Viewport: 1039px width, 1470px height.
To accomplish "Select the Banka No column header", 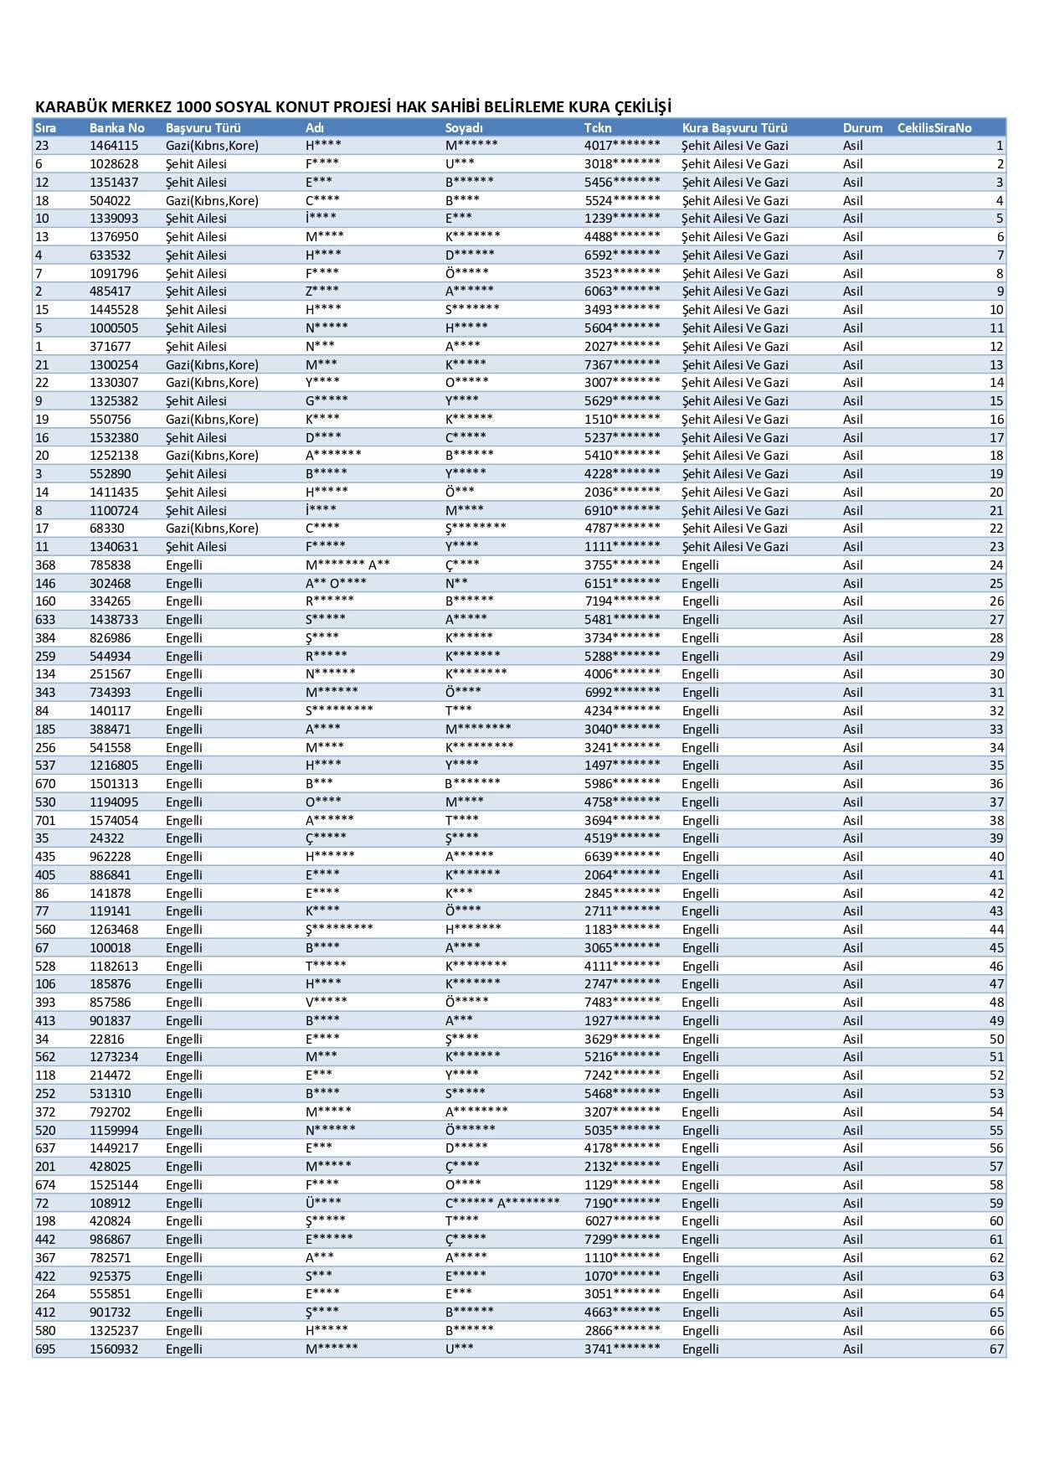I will (x=117, y=128).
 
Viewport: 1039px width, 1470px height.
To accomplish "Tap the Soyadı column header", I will (x=464, y=128).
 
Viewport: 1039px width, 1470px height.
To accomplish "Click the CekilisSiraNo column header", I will (x=934, y=128).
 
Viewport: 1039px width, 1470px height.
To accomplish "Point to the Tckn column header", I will (x=598, y=128).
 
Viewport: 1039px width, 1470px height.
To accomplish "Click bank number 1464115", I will (x=114, y=146).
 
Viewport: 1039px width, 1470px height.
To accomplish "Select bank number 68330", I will (x=107, y=529).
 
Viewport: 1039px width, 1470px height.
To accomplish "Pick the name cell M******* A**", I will (x=347, y=565).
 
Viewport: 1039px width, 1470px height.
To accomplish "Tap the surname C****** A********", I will (x=502, y=1204).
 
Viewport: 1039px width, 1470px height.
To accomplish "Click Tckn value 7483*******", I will (x=622, y=1003).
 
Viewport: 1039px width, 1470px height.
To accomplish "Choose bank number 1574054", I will (x=114, y=821).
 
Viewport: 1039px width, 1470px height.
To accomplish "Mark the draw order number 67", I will (x=995, y=1349).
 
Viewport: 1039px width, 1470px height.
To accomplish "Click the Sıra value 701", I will (x=45, y=821).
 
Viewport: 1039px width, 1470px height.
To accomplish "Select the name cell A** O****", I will (x=336, y=584).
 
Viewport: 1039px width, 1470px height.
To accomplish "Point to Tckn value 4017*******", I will (x=622, y=146).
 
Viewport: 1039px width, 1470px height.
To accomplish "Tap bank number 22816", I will (x=107, y=1039).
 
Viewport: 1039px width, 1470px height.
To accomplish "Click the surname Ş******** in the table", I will (x=476, y=529).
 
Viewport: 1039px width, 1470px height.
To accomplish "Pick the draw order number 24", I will (x=995, y=565).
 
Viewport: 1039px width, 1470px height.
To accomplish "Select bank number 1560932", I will (x=114, y=1349).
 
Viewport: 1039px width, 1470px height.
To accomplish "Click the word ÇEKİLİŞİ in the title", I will (x=643, y=107).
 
